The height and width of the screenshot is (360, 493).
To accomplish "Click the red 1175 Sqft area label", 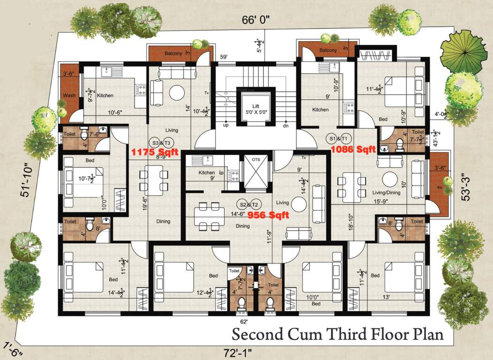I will (153, 152).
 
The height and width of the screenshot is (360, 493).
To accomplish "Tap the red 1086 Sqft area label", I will (353, 150).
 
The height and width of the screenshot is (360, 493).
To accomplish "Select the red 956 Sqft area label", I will (269, 215).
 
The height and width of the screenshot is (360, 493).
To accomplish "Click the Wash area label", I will (69, 96).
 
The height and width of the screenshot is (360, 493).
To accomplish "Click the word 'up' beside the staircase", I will (225, 126).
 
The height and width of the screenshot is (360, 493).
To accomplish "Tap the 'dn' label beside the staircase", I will (285, 126).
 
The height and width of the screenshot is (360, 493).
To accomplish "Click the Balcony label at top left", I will (173, 54).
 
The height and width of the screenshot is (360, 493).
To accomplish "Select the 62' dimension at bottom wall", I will (244, 322).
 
